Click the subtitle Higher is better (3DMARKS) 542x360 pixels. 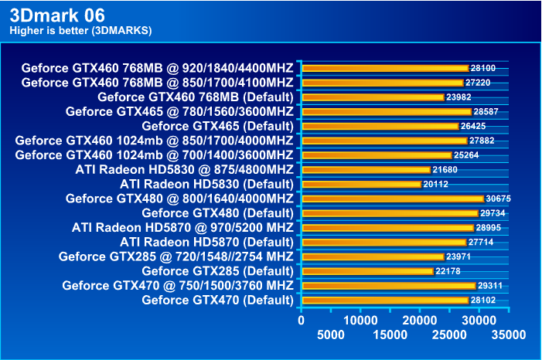coord(80,31)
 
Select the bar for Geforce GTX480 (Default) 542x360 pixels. coord(390,213)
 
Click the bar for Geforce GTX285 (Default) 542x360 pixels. coord(368,271)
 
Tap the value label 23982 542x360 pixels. coord(459,97)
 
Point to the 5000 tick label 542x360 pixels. coord(331,335)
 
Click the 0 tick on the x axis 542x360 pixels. coord(302,320)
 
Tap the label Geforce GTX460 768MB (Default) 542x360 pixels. coord(195,97)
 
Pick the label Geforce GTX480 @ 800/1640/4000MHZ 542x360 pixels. coord(179,199)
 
